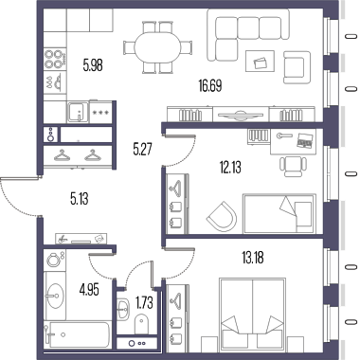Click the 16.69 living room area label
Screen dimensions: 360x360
click(210, 85)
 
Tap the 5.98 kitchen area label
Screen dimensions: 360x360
click(93, 66)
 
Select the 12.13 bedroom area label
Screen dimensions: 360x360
click(230, 167)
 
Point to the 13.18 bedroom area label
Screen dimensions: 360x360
click(253, 258)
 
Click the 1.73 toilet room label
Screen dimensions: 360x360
click(145, 303)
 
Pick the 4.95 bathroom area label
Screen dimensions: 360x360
click(89, 289)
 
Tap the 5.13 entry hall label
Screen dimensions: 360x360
click(80, 199)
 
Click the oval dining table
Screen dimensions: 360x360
click(157, 47)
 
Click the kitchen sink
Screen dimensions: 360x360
click(78, 112)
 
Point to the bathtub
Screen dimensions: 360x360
click(77, 335)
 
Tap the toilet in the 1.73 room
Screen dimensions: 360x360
click(141, 323)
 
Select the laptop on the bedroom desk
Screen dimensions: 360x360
click(304, 139)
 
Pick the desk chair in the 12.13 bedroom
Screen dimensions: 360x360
click(293, 166)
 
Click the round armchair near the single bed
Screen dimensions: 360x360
click(223, 216)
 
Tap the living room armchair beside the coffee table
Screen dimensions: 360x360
click(297, 67)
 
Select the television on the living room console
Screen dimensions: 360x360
click(241, 115)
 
